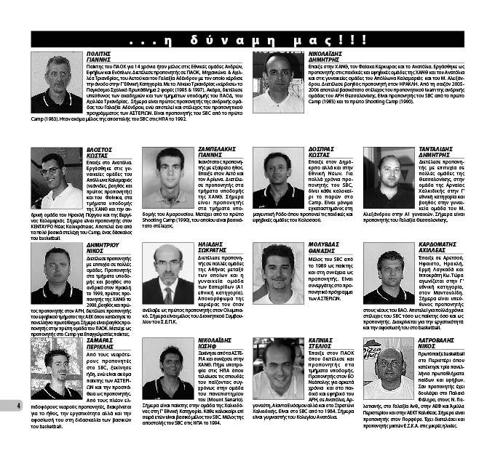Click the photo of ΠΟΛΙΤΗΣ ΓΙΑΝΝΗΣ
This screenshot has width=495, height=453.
(57, 82)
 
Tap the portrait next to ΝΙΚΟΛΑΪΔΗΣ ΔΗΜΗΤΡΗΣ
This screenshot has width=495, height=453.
(278, 82)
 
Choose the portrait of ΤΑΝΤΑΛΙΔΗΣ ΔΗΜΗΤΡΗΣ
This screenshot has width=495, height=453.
(389, 179)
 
